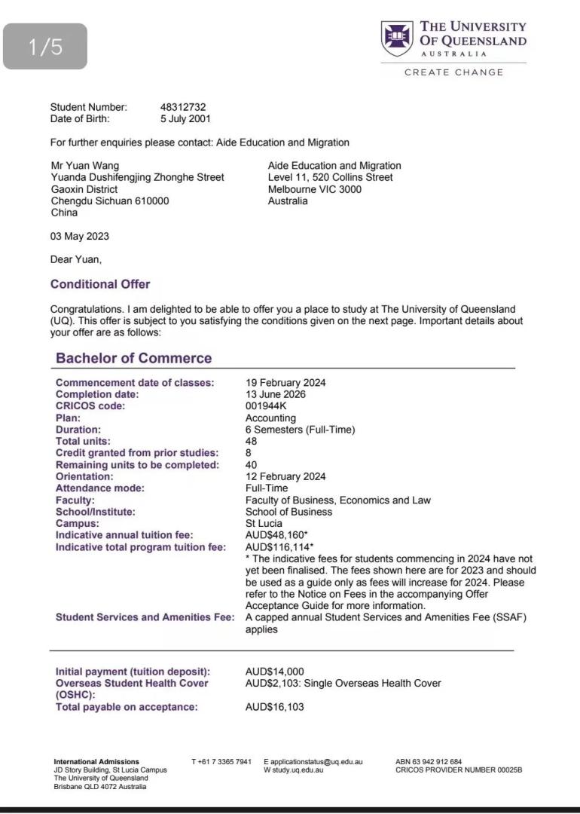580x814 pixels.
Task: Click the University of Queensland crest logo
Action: click(x=396, y=38)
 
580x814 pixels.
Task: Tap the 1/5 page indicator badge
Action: click(x=46, y=47)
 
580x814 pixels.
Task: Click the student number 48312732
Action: click(x=183, y=107)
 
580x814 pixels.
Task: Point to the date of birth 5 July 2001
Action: click(x=185, y=118)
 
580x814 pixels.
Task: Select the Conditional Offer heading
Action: click(x=100, y=284)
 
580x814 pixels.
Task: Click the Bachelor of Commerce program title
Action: click(x=133, y=358)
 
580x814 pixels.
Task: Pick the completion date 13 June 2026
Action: click(x=276, y=394)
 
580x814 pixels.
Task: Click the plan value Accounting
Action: click(x=270, y=418)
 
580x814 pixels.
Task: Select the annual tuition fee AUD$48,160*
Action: click(x=276, y=535)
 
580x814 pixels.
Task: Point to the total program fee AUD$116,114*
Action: click(x=279, y=547)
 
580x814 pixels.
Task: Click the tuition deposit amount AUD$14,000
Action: click(x=275, y=672)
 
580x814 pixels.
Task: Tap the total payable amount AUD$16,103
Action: click(x=275, y=707)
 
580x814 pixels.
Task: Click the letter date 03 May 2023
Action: click(x=79, y=236)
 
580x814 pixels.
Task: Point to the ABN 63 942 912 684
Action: click(x=429, y=762)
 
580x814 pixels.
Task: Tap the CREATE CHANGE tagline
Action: click(x=453, y=72)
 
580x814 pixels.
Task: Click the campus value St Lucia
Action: click(x=264, y=523)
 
